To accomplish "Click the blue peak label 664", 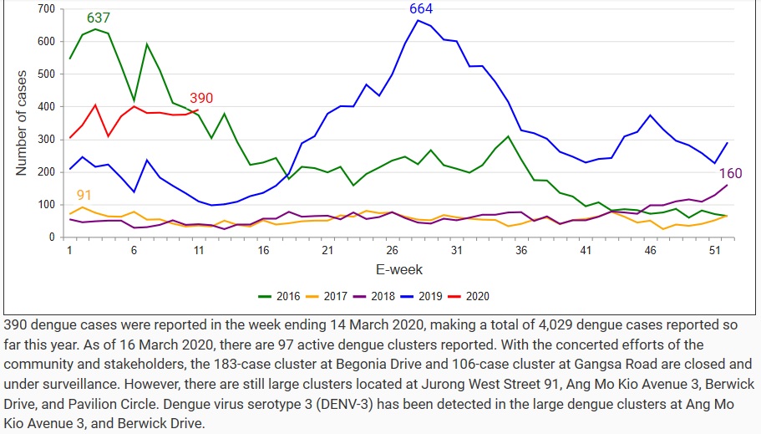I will point(421,9).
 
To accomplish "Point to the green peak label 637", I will point(99,18).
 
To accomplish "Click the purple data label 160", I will point(730,173).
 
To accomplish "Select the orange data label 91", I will point(84,196).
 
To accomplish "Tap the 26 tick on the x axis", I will point(392,250).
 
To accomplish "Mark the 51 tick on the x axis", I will point(713,250).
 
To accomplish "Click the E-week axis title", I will point(398,269).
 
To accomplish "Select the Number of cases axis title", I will point(23,123).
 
